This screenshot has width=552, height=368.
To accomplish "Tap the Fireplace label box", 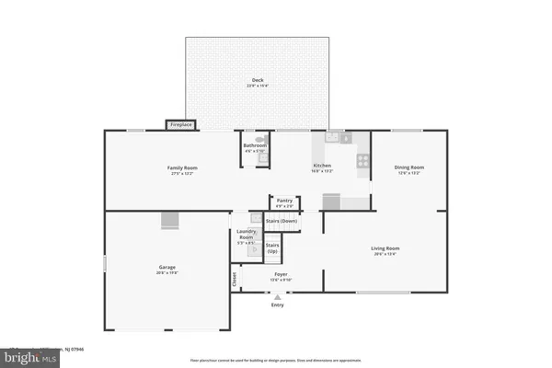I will [x=179, y=124].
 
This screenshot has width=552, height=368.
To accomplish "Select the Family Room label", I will [x=181, y=167].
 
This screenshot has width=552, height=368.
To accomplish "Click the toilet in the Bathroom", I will [x=262, y=157].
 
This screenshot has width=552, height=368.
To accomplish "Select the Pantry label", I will [x=284, y=199].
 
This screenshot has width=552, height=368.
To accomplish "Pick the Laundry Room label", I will [x=246, y=235].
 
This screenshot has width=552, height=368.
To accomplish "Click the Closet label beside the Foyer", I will [x=235, y=277].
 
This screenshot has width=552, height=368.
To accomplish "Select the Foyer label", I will [x=281, y=274].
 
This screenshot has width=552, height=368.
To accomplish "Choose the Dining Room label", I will [x=408, y=167].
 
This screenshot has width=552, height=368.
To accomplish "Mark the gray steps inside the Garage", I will [x=168, y=219].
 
